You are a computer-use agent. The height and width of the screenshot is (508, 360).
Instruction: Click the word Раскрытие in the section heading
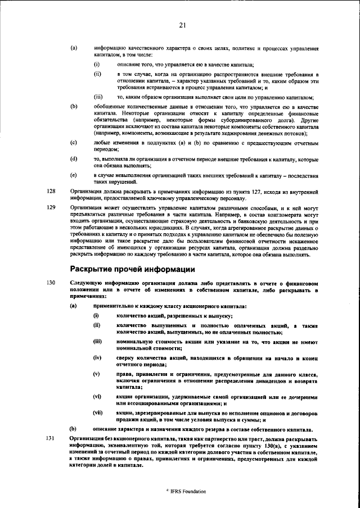pos(92,269)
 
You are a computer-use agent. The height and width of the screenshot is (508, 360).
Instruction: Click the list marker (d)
pos(73,159)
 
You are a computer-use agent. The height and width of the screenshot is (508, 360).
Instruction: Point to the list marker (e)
pos(73,175)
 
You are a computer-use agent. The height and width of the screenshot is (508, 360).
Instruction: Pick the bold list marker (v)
pos(96,374)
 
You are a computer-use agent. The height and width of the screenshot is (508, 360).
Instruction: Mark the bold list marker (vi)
pos(97,396)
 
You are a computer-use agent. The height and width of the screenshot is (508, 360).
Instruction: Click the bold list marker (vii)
pos(97,412)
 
